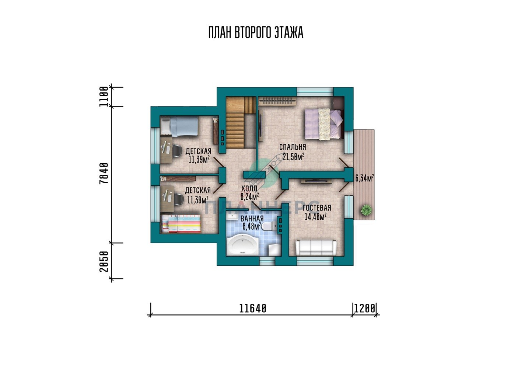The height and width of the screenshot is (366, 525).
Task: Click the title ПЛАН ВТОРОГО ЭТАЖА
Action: point(256,32)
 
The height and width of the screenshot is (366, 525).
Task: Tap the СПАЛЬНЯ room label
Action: point(293,147)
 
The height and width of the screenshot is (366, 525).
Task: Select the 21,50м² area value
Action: point(293,156)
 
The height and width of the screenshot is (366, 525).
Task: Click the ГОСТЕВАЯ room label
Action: point(317,208)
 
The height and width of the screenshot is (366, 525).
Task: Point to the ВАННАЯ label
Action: point(252,218)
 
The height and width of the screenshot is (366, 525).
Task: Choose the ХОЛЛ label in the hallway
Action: point(249,188)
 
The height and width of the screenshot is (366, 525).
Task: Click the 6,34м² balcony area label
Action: point(364,178)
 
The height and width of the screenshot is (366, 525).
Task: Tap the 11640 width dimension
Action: point(253,309)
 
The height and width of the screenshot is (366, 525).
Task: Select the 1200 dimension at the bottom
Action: point(365,309)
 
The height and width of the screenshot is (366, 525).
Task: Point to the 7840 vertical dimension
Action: point(104,173)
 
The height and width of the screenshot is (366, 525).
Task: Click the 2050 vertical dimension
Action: point(104,261)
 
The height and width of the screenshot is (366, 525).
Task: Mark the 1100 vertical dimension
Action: point(104,96)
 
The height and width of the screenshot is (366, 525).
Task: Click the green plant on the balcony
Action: point(366,209)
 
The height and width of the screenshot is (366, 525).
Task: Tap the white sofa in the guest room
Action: point(316,248)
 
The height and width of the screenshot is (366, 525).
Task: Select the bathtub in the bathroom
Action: point(243,245)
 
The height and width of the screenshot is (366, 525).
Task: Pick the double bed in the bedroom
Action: point(324,124)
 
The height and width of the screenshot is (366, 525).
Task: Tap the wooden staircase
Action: point(241,122)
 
